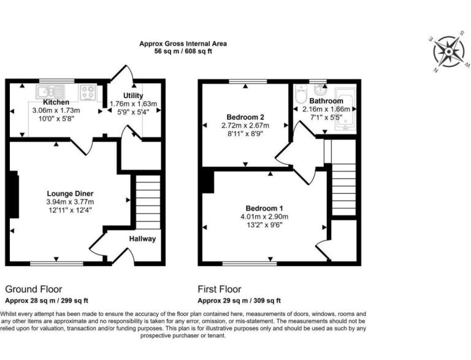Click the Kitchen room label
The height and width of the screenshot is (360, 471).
tap(56, 102)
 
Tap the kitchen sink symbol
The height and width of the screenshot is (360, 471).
tap(50, 91)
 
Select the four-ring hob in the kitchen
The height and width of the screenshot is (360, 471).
tap(88, 92)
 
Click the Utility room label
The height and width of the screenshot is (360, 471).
tap(133, 96)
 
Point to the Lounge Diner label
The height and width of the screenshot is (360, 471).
tap(70, 194)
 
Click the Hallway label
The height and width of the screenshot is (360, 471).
tap(143, 239)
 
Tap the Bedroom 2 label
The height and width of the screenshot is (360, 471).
tap(245, 117)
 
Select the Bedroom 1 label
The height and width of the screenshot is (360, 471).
tap(264, 209)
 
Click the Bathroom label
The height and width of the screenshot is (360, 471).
tap(326, 101)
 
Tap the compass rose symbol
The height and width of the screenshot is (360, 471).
tap(449, 52)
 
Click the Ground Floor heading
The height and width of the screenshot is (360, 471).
tap(34, 289)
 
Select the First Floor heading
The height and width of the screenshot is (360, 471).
tap(220, 289)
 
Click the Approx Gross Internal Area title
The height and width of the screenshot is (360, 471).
tap(183, 44)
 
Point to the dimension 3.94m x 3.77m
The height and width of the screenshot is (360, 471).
tap(71, 202)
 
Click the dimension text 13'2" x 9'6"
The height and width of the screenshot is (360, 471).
tap(264, 225)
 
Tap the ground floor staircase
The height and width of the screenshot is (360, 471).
tap(148, 202)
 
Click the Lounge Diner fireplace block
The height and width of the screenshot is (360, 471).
tap(14, 194)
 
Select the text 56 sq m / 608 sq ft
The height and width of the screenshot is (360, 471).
tap(183, 52)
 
